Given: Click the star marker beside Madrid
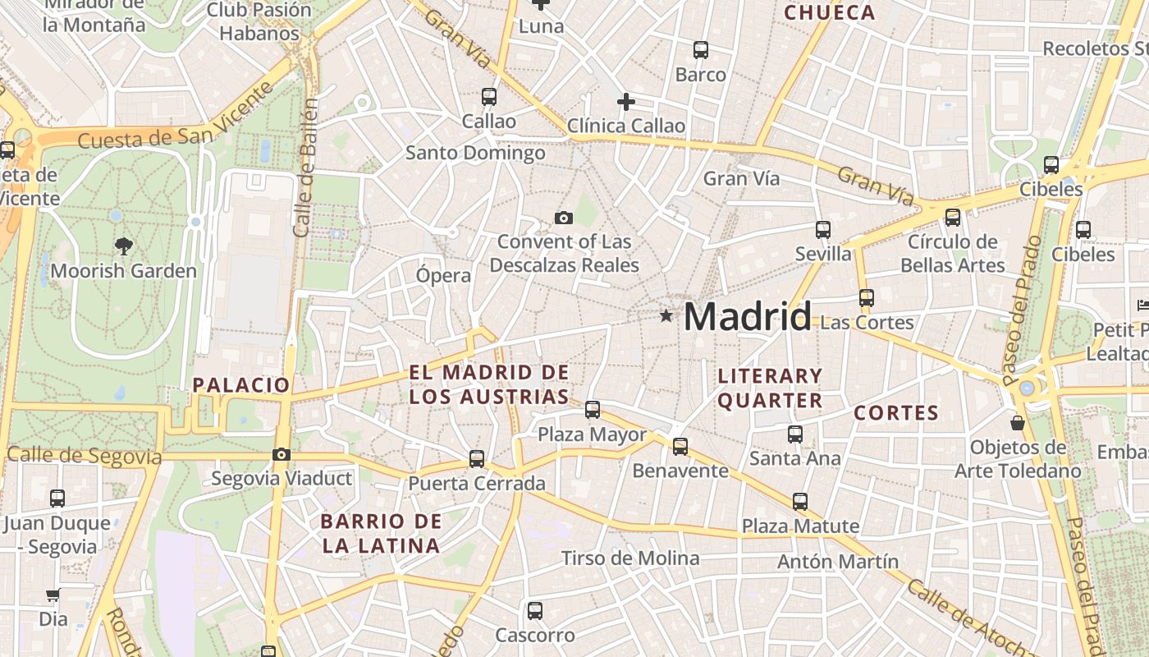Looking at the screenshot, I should coord(666,315).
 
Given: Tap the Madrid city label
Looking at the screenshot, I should coord(747,317).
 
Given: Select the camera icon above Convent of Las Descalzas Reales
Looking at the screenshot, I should coord(563,218).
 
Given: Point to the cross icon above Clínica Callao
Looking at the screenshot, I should coord(626,102).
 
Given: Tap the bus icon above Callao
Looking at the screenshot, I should coord(489,96).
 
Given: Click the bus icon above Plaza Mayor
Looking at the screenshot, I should coord(593,409).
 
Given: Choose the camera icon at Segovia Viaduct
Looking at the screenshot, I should coord(282,454).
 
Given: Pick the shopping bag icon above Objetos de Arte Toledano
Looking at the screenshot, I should coord(1018,423).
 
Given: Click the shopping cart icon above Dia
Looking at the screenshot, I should coord(53,595).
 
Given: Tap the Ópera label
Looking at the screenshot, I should coord(443,275).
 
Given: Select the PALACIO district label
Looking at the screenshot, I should coord(241,384).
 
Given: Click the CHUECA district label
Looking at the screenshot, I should coord(830,12).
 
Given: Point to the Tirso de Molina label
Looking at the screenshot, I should coord(630,558).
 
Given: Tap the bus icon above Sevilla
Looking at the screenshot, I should coord(823,230).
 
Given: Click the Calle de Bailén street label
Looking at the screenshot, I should coord(304,168).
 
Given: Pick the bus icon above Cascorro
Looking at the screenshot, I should coord(535,610).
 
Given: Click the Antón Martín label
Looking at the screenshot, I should coord(838,562).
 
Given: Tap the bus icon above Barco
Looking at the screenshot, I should coord(701,49).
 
